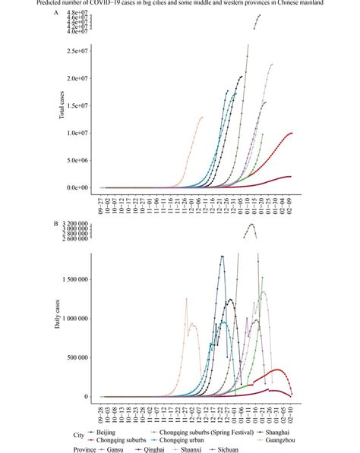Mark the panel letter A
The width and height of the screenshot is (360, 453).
(55, 13)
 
